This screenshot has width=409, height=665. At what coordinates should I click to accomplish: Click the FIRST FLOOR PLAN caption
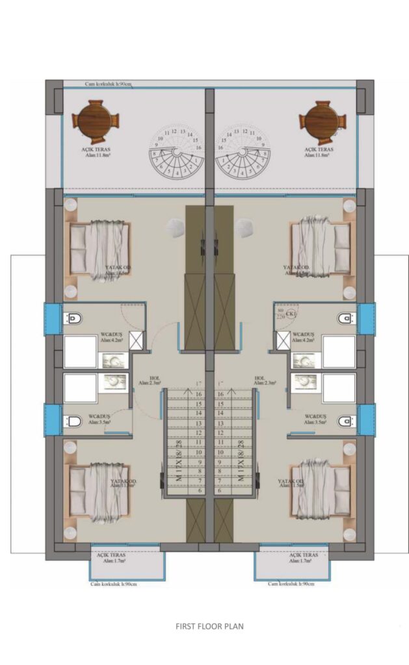[209, 627]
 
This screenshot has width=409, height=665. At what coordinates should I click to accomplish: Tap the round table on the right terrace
[321, 121]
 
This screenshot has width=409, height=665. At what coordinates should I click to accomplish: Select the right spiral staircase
[243, 157]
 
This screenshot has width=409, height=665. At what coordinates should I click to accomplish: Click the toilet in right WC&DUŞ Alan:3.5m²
[345, 421]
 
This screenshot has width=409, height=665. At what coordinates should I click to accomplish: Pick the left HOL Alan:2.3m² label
[154, 381]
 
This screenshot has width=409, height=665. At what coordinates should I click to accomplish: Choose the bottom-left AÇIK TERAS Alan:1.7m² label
[111, 558]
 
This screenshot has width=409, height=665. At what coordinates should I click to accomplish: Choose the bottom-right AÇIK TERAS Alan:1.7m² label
[304, 558]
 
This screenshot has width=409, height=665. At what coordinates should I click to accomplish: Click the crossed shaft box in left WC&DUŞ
[137, 340]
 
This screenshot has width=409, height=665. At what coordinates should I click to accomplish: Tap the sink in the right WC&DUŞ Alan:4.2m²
[301, 360]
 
